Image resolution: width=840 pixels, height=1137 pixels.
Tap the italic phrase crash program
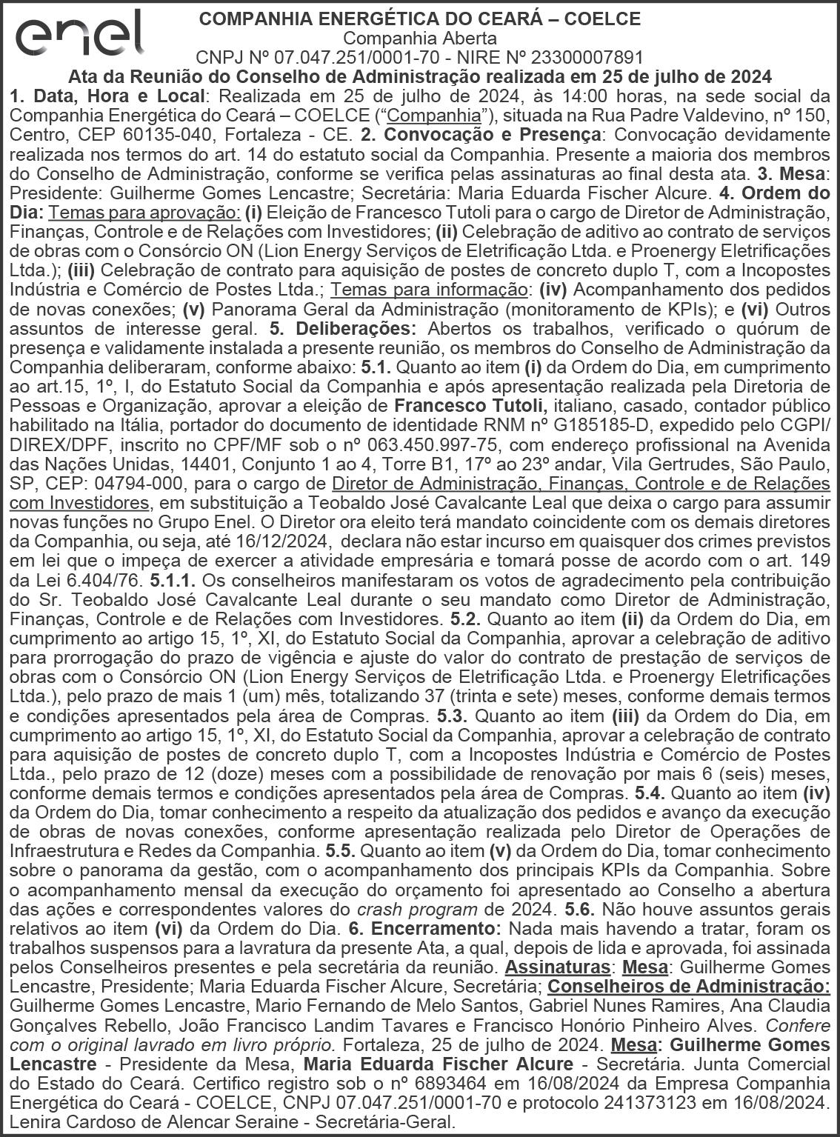pos(417,908)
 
